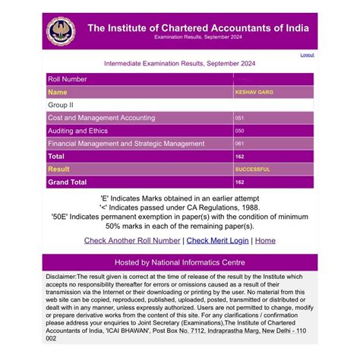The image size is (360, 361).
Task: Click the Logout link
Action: [307, 55]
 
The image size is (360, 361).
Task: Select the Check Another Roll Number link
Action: [132, 241]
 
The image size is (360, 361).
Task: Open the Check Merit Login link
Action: [217, 241]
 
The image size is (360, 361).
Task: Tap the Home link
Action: [265, 241]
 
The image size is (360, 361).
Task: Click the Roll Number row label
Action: [68, 79]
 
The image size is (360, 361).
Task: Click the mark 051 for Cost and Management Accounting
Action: [240, 118]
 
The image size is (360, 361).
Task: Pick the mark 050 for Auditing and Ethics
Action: [240, 131]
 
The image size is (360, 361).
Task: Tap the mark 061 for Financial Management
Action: [240, 143]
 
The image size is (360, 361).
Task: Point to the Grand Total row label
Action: [68, 182]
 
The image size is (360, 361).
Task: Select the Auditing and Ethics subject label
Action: [77, 131]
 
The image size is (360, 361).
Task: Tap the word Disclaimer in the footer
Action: [62, 277]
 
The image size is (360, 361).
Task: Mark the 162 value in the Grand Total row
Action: [240, 182]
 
